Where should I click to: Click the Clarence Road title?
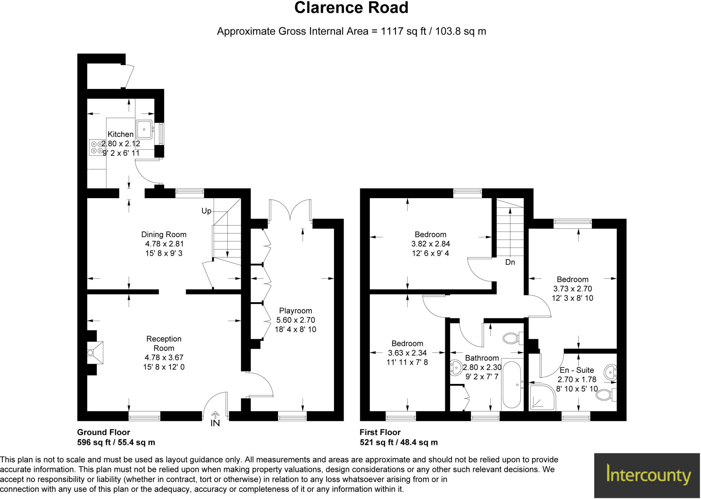coord(351,8)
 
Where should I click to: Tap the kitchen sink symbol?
coord(144,129)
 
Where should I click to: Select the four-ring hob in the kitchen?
coord(97,148)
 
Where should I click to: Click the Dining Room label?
coord(164,234)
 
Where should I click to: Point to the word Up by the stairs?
coord(206,211)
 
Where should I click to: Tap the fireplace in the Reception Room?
coord(94,353)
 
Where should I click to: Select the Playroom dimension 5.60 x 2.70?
coord(295,320)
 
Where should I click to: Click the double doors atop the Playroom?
coord(290,209)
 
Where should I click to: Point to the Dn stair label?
coord(510,263)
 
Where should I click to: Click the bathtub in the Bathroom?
coord(512,385)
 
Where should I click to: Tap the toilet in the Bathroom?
coord(512,338)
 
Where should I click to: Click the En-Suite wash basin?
coord(610,372)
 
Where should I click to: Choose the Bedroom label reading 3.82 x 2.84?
coord(430,244)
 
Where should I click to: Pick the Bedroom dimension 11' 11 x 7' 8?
coord(407,362)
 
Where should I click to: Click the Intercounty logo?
coord(647,475)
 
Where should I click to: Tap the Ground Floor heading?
coord(103,432)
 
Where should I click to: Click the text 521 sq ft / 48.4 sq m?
coord(398,443)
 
